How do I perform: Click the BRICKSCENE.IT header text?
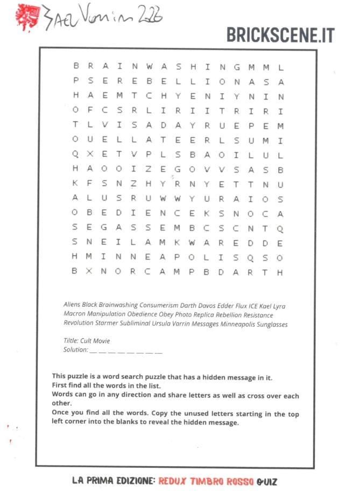pos(280,35)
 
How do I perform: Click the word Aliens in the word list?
pos(72,306)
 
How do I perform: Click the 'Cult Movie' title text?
pos(95,341)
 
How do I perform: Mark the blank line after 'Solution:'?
pos(125,351)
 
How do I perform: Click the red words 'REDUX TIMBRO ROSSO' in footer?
pos(205,481)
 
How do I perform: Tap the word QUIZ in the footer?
pos(267,481)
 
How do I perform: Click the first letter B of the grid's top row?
pos(75,67)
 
